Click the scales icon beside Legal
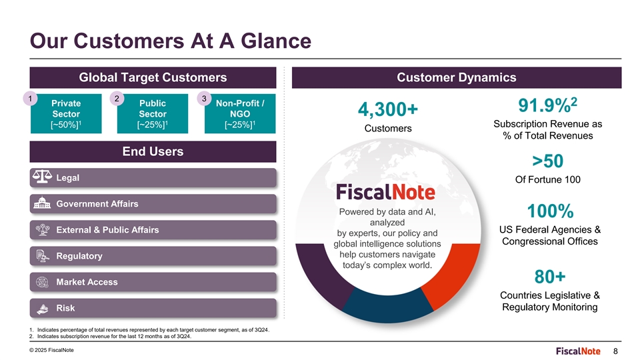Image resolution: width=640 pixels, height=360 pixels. coord(42,177)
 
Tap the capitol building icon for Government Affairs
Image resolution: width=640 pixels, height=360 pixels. coord(42,203)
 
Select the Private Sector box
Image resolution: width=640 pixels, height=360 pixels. coord(66,113)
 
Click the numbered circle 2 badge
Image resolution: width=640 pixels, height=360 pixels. coord(117,99)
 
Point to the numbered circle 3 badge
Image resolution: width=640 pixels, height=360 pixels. coord(204,99)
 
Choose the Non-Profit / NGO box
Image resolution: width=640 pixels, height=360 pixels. coord(240,113)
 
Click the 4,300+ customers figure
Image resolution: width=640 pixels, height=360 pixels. coord(388,109)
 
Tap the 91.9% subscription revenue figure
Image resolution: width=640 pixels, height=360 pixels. coord(548,105)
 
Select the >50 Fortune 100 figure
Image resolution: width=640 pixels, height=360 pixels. coord(548,161)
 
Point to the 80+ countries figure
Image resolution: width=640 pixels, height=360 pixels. coord(550,276)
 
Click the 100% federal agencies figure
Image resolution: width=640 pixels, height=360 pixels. coord(550,211)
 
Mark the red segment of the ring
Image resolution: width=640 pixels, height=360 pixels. coord(453,274)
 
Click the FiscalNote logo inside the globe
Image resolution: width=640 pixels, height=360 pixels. coord(386,192)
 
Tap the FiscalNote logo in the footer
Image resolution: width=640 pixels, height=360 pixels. coord(578,351)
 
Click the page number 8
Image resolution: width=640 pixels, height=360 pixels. coord(615,351)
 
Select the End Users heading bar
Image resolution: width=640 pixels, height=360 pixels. coord(153,152)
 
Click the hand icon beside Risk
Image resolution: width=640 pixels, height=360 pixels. coord(42,308)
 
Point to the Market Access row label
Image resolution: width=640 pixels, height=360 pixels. coord(87,282)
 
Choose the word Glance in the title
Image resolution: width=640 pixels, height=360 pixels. coord(276,41)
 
